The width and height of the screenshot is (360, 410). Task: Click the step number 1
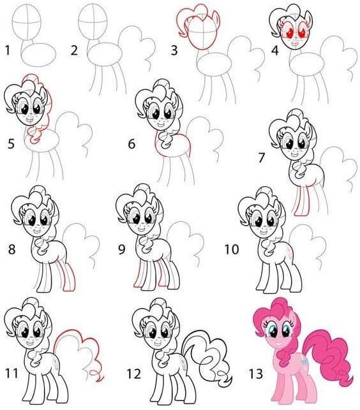[x=7, y=48]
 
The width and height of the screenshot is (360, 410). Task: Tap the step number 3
[x=174, y=50]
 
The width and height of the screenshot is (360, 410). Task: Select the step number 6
[x=131, y=144]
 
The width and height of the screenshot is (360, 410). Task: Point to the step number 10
[x=230, y=249]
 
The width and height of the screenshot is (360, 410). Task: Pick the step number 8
[x=11, y=249]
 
